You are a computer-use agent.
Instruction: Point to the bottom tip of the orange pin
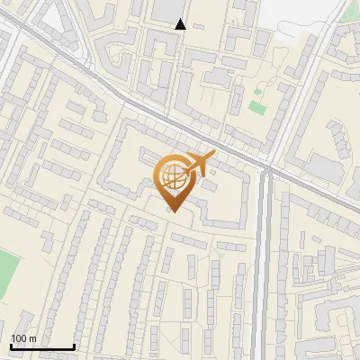coord(174,211)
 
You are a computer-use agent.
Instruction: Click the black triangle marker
coord(181,25)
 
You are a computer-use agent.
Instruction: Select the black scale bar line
coord(42,346)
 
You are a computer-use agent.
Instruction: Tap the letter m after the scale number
coord(32,338)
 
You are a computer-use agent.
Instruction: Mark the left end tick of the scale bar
coord(11,345)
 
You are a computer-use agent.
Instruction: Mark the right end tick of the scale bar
coord(74,345)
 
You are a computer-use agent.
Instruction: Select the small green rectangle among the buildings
coord(257,107)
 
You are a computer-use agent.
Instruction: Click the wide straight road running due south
coord(264,270)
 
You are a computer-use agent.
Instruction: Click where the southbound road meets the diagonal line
coord(266,167)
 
